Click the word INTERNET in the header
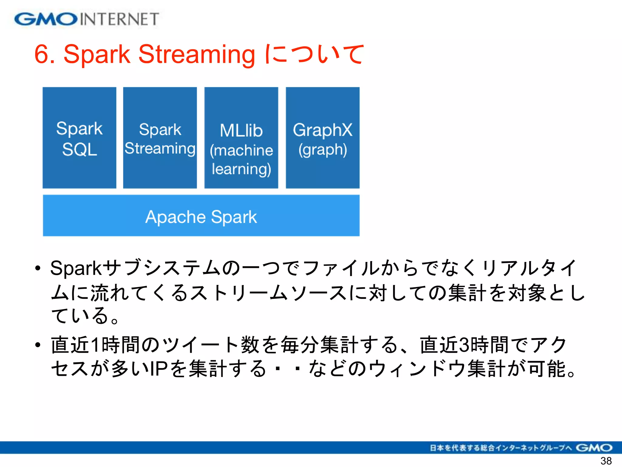(119, 19)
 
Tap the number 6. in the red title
(44, 55)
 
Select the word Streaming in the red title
(197, 55)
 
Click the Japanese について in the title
(315, 55)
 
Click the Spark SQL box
(79, 138)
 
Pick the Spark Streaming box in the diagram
(160, 138)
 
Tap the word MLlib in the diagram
(241, 131)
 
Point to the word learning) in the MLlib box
(241, 169)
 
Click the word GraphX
(323, 130)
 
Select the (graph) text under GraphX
(323, 150)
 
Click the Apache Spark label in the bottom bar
(201, 217)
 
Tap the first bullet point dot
(38, 268)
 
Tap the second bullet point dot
(38, 345)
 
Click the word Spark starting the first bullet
(76, 268)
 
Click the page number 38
(606, 461)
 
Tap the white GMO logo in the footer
(594, 448)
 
